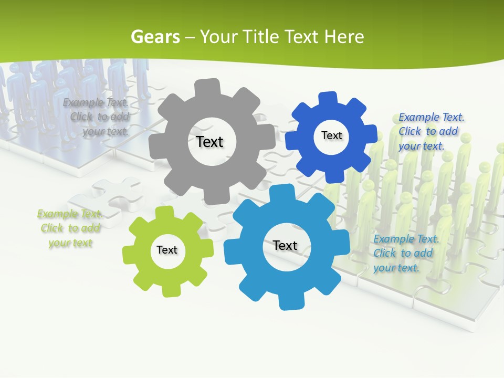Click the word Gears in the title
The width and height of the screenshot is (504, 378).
pyautogui.click(x=155, y=37)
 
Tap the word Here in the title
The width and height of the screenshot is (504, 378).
pyautogui.click(x=344, y=37)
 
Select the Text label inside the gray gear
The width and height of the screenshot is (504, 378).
pyautogui.click(x=209, y=142)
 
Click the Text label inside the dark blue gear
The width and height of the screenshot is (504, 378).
pyautogui.click(x=331, y=135)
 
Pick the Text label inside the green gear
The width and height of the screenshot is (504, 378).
pyautogui.click(x=167, y=250)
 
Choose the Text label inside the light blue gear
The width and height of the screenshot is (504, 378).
pyautogui.click(x=285, y=245)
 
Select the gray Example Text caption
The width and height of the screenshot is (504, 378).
pyautogui.click(x=96, y=117)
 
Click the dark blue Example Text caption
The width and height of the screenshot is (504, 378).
pyautogui.click(x=431, y=131)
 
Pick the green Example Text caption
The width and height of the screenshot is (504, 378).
pyautogui.click(x=70, y=228)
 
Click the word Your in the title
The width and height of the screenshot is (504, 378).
pyautogui.click(x=215, y=37)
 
